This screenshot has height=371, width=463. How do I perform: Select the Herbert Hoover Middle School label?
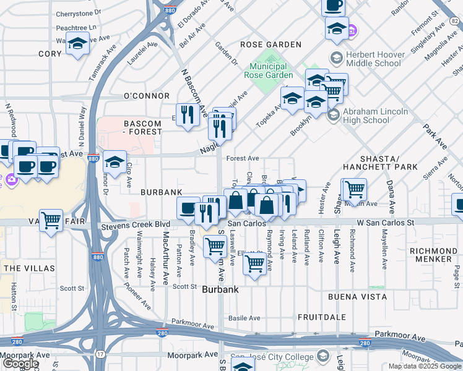[x=373, y=59]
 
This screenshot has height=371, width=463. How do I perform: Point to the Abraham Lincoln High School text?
[x=375, y=116]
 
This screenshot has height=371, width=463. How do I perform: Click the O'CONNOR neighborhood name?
[x=147, y=96]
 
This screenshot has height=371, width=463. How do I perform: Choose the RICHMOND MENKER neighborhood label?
[x=433, y=255]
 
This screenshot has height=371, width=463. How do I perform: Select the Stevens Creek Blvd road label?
[x=136, y=224]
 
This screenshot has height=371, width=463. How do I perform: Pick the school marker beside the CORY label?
[x=77, y=44]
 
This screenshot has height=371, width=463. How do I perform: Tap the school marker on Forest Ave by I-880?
[x=115, y=162]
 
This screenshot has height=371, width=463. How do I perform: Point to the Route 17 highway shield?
[x=100, y=354]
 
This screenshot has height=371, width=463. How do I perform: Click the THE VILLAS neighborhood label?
[x=25, y=268]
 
